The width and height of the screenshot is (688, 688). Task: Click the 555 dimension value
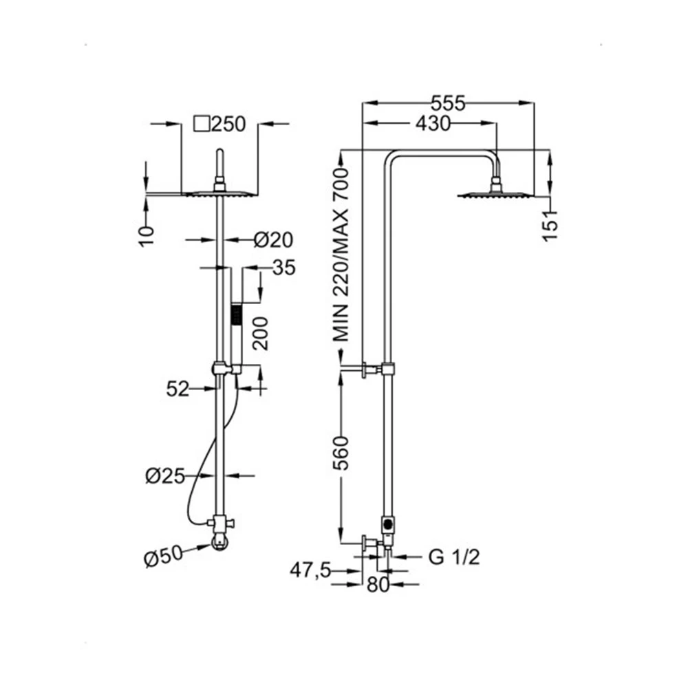tap(448, 104)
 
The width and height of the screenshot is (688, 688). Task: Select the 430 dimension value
tap(433, 124)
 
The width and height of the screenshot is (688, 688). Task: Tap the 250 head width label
tap(228, 124)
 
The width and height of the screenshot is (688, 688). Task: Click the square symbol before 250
tap(202, 124)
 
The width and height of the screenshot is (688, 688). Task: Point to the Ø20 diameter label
tap(273, 240)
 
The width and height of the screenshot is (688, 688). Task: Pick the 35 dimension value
tap(284, 268)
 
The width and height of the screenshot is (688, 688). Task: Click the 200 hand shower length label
tap(261, 334)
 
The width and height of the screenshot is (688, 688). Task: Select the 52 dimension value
tap(178, 389)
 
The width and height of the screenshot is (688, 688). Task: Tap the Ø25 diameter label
tap(165, 475)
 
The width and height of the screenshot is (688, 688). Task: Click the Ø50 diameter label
tap(163, 557)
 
